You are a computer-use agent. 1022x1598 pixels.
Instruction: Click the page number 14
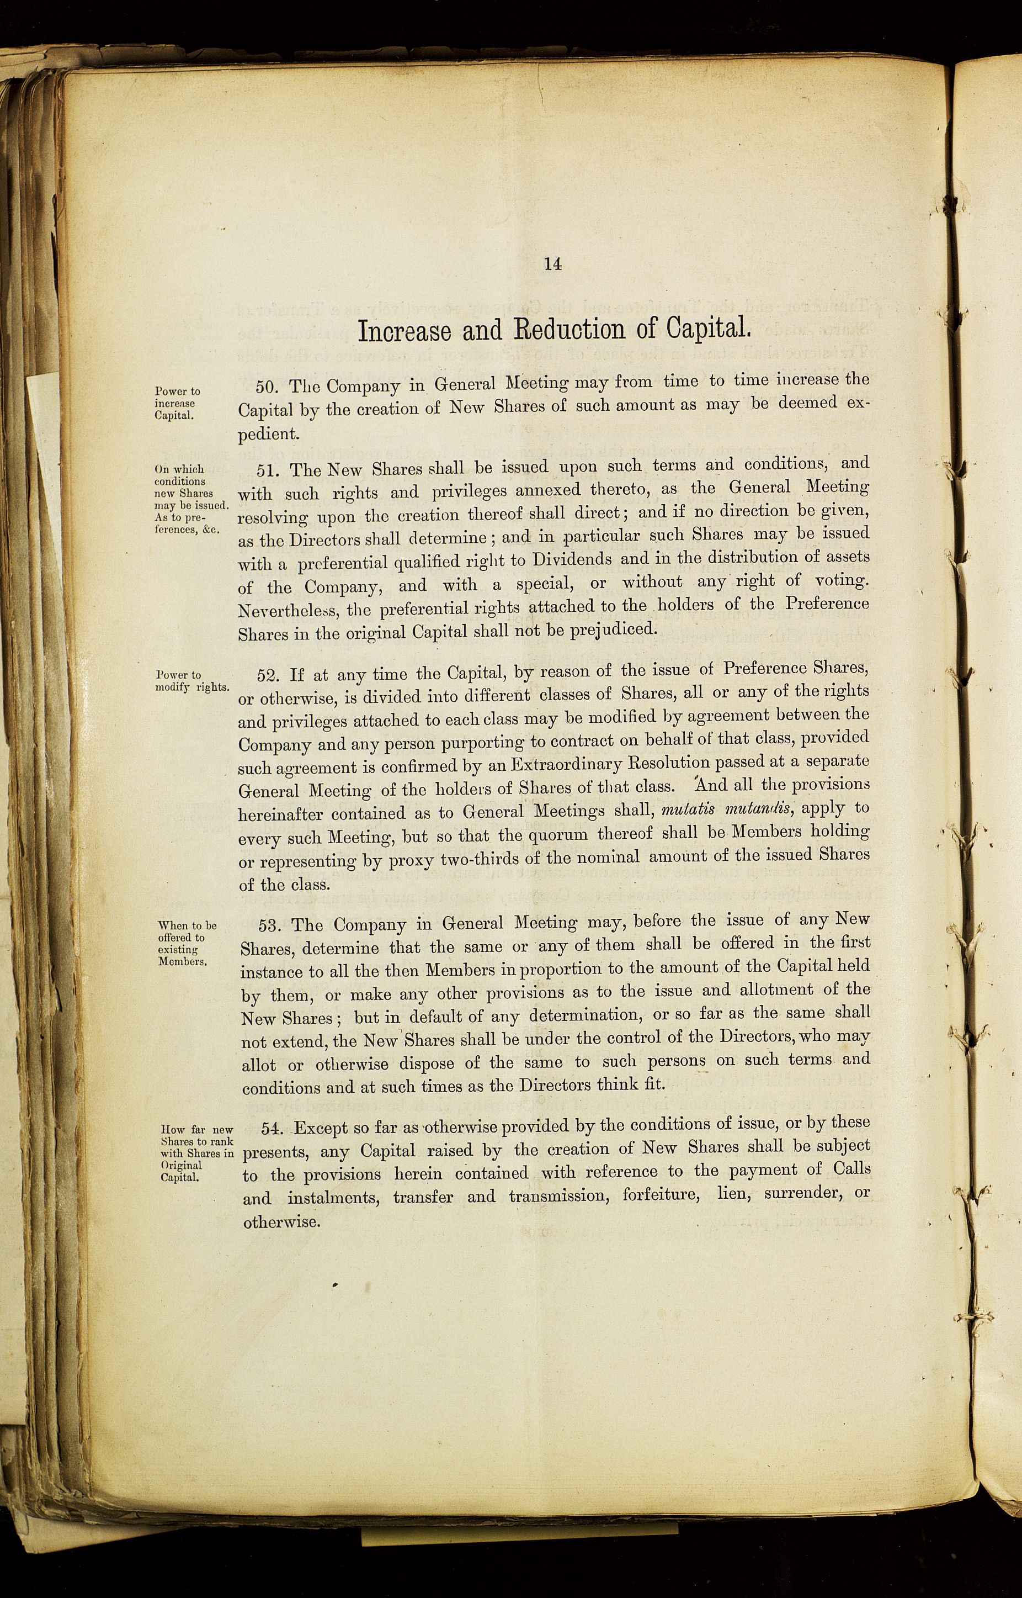pyautogui.click(x=553, y=264)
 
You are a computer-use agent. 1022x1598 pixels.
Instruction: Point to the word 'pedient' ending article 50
pyautogui.click(x=269, y=435)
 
